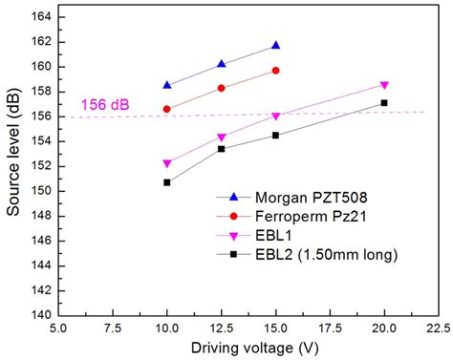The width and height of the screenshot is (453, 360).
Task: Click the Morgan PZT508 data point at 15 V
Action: [276, 45]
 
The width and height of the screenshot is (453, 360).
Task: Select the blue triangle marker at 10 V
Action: [167, 85]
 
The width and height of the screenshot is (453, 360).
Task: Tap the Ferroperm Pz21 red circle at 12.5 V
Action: [222, 88]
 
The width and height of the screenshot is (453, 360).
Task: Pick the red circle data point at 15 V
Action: [276, 70]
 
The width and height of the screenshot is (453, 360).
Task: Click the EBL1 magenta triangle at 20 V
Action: [384, 85]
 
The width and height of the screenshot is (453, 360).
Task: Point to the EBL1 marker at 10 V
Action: [167, 163]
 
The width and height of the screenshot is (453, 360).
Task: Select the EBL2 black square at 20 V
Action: [384, 102]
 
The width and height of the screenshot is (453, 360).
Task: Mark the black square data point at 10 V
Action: [167, 181]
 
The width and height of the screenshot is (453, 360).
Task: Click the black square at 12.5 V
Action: [222, 148]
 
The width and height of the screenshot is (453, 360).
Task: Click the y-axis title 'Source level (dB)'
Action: [13, 162]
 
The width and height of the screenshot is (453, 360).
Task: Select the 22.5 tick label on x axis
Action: [437, 328]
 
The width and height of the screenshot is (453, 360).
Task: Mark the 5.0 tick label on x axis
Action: [59, 328]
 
